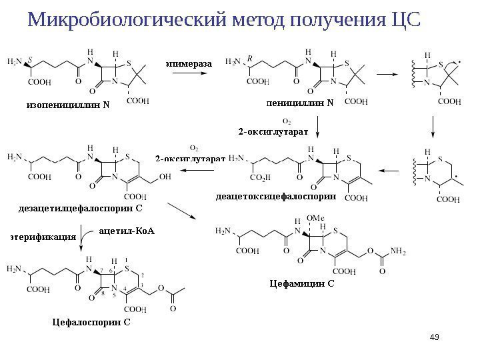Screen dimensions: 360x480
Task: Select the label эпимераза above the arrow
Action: click(x=188, y=63)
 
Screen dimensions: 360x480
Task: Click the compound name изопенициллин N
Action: click(x=67, y=105)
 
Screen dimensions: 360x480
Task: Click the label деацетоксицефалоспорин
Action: click(x=275, y=197)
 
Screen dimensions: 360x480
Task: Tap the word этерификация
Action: click(x=42, y=235)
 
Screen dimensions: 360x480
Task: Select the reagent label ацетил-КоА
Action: click(x=127, y=231)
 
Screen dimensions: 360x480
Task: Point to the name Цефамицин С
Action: click(x=301, y=283)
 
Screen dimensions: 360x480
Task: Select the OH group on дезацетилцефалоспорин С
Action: click(x=165, y=178)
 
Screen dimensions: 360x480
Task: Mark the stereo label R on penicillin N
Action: click(x=249, y=59)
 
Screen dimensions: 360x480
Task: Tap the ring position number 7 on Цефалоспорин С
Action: click(x=101, y=271)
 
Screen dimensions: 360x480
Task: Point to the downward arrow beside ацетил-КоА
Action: click(x=82, y=239)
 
